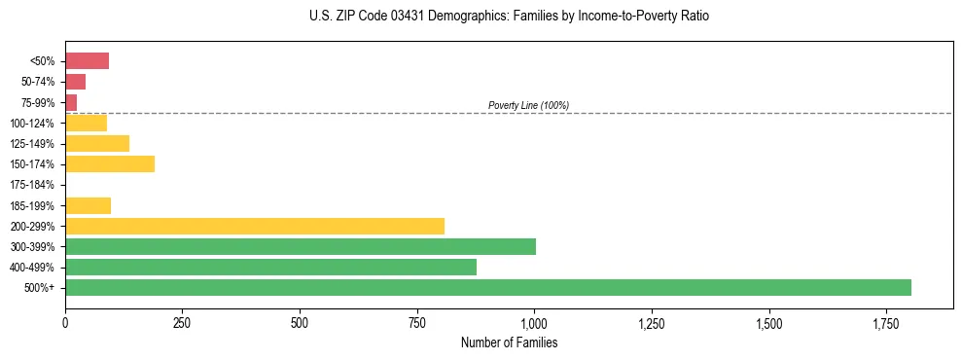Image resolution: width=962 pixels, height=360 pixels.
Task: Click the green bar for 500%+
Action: click(x=488, y=287)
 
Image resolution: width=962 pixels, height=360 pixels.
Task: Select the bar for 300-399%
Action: click(x=301, y=246)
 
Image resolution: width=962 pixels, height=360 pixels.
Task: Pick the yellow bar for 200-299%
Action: click(x=255, y=226)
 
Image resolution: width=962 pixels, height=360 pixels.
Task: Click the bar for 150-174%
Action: click(x=110, y=163)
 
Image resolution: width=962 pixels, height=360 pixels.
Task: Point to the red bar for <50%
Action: click(x=87, y=61)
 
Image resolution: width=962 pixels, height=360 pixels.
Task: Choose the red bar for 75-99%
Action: click(x=71, y=102)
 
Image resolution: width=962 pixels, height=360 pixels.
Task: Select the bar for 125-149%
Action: click(x=97, y=143)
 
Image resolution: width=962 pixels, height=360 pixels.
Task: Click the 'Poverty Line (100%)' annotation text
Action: click(x=528, y=105)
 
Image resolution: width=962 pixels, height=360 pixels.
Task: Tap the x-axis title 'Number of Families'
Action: click(x=509, y=343)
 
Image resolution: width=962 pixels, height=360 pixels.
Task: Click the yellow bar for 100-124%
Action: click(x=86, y=123)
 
